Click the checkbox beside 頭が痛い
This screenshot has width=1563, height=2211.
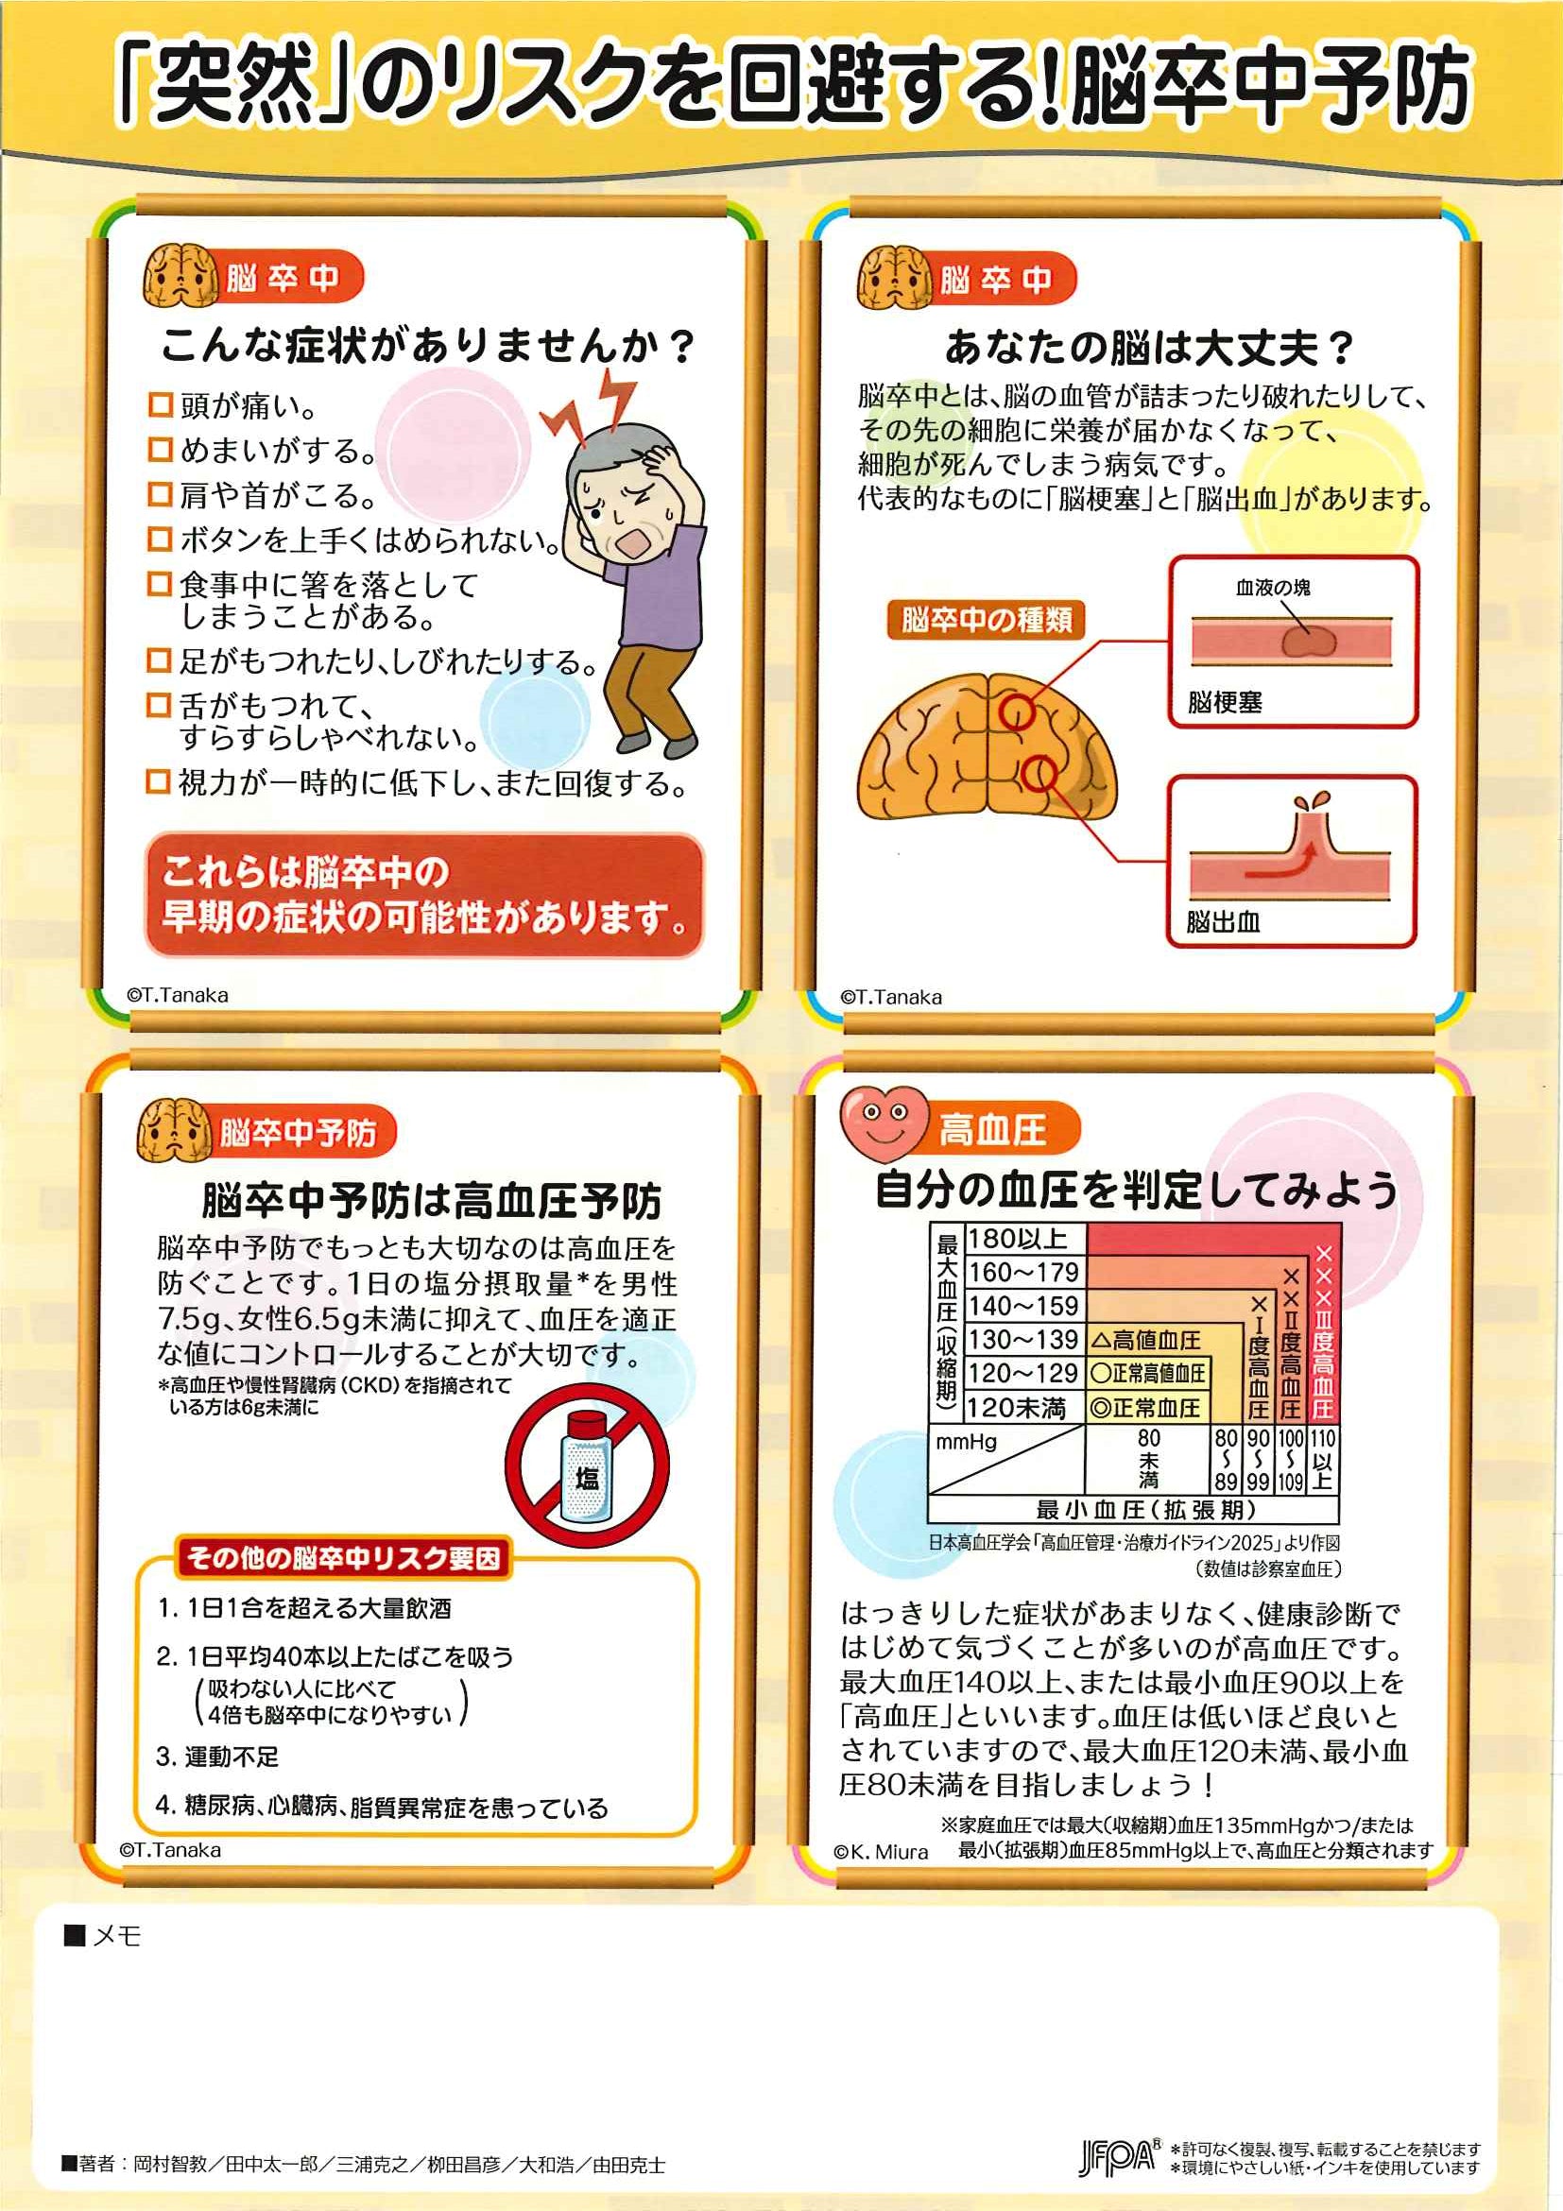click(159, 404)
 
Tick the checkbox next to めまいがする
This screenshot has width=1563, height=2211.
click(159, 449)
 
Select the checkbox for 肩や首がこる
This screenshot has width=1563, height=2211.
click(159, 494)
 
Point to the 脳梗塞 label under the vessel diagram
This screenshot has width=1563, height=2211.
click(1224, 702)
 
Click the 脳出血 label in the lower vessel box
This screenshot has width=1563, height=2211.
click(1223, 921)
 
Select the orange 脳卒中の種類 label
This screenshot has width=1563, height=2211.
click(987, 619)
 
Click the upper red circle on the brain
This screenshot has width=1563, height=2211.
click(1016, 712)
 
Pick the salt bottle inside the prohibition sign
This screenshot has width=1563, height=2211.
click(587, 1467)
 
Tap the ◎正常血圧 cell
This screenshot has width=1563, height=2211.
click(1147, 1408)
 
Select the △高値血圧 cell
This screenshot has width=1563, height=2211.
click(1147, 1340)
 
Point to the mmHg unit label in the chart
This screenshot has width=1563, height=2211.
click(966, 1442)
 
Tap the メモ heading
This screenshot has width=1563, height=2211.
click(103, 1936)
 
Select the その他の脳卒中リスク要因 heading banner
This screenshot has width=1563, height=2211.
click(343, 1557)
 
